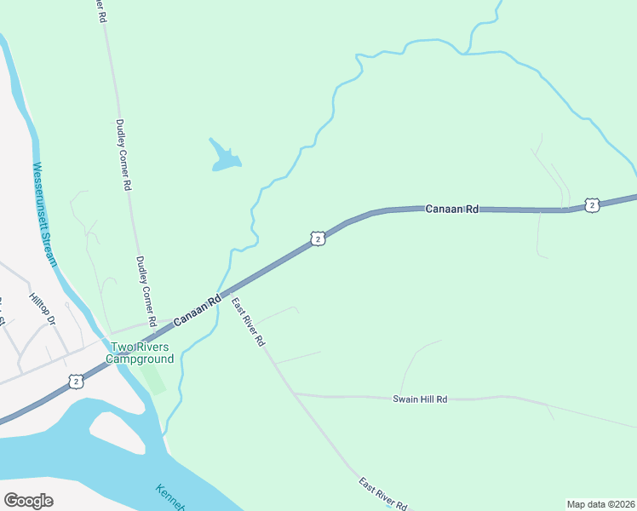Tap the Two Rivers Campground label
pos(140,353)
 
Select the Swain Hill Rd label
pos(420,399)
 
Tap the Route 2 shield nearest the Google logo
pos(77,382)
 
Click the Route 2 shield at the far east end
pos(592,204)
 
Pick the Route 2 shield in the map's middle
pos(317,239)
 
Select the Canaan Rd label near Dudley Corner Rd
pos(197,309)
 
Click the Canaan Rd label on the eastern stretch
pos(452,208)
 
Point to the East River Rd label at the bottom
pos(383,495)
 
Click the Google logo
pos(28,501)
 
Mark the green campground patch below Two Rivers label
pos(152,376)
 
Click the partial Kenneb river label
pos(169,497)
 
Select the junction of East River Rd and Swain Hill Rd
pos(294,393)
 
